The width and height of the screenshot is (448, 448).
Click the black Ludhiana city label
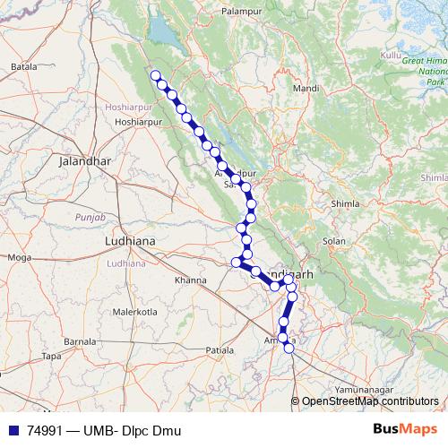(x=131, y=241)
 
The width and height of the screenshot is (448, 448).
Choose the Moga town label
(x=19, y=257)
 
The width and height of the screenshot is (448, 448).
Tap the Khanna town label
(x=191, y=280)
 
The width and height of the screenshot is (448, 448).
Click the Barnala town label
(x=80, y=341)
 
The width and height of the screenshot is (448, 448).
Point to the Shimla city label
(x=345, y=204)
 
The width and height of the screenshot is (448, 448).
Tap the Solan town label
(x=334, y=242)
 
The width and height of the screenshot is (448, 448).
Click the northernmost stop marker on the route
(x=155, y=75)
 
